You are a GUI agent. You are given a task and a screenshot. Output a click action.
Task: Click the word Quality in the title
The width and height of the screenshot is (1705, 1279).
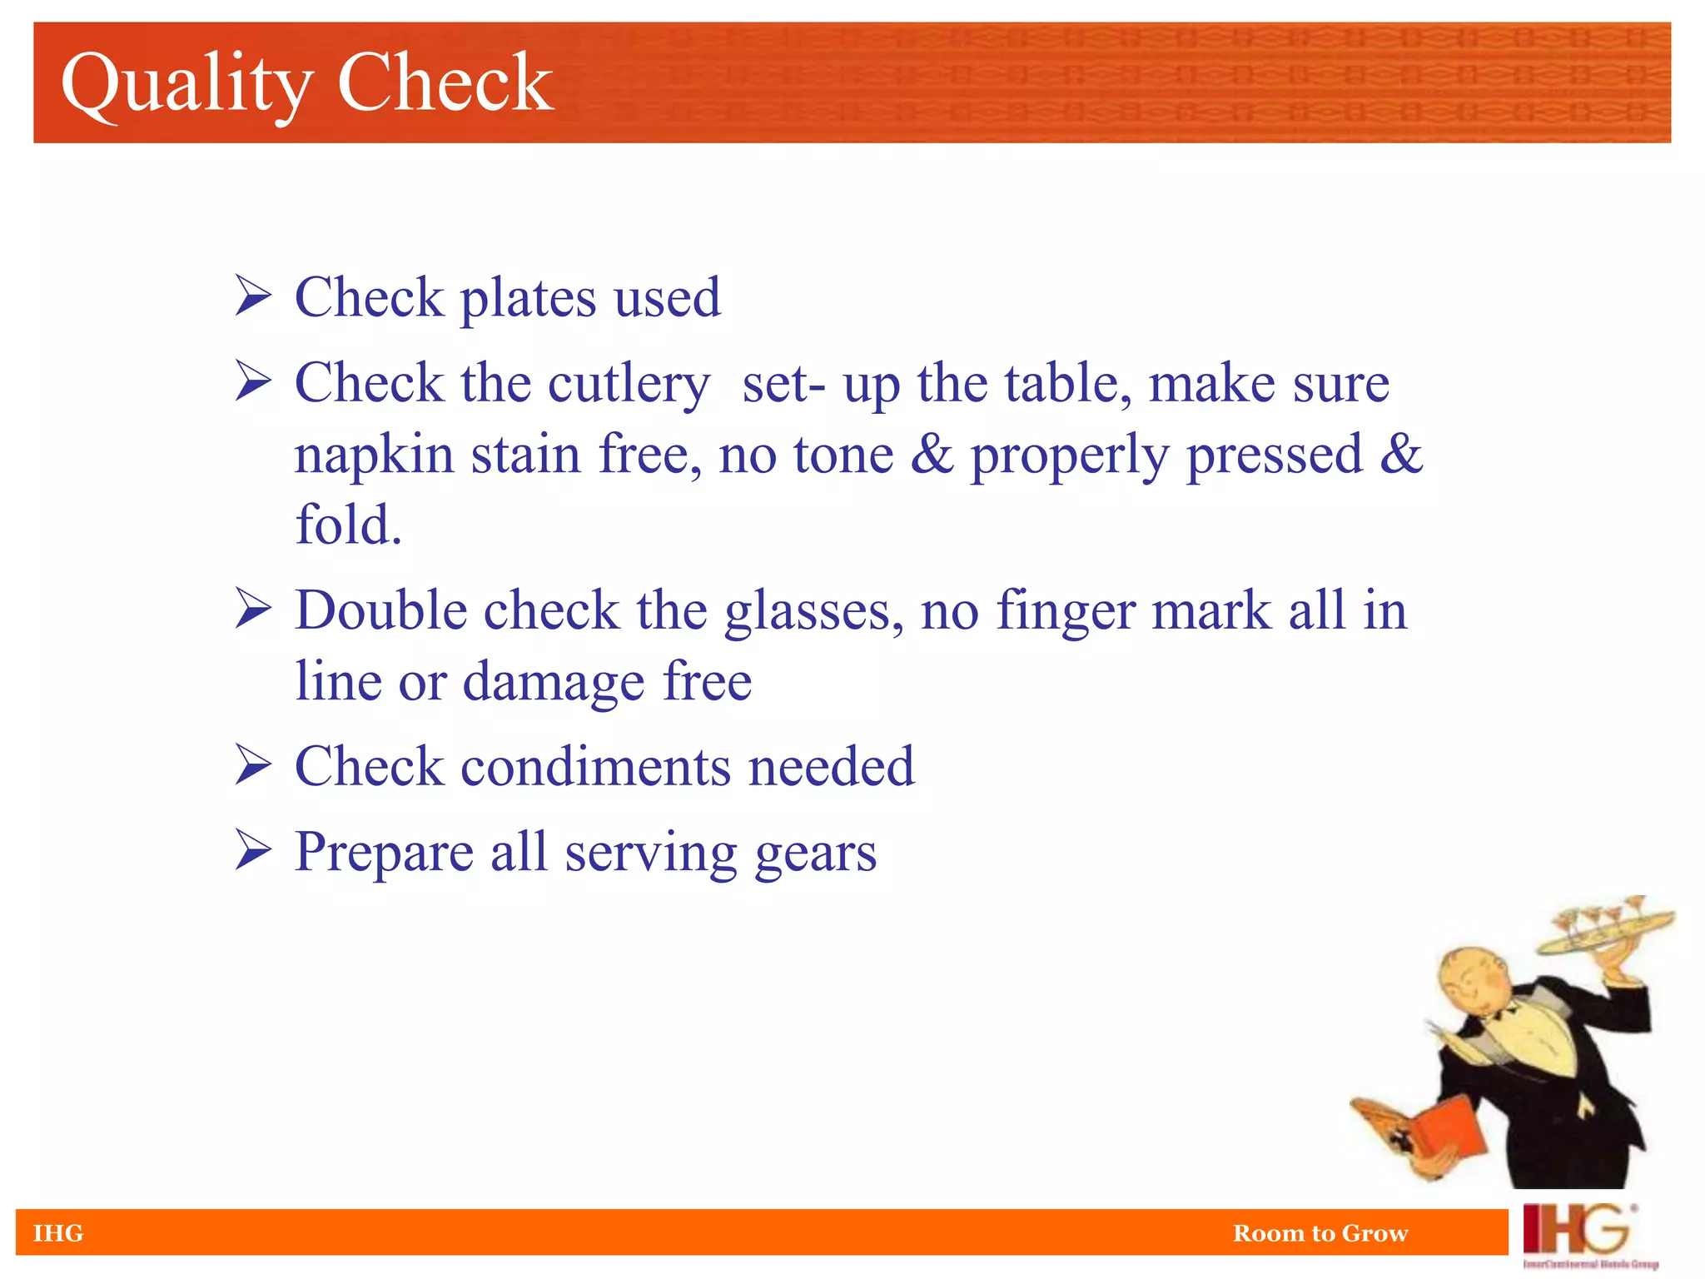pyautogui.click(x=186, y=83)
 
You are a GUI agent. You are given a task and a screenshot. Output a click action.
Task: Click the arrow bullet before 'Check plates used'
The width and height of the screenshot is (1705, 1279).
pyautogui.click(x=253, y=296)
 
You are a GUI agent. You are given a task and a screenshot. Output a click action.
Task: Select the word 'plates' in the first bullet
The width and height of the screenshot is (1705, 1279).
pyautogui.click(x=529, y=298)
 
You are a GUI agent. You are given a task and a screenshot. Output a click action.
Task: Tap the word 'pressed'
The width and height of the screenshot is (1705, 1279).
pyautogui.click(x=1274, y=455)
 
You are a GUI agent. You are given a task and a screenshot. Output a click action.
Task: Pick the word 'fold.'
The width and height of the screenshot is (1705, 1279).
pyautogui.click(x=349, y=525)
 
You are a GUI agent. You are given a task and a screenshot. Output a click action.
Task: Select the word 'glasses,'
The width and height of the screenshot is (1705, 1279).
pyautogui.click(x=814, y=612)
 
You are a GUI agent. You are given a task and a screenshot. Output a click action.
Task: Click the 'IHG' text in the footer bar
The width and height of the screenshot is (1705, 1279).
pyautogui.click(x=58, y=1232)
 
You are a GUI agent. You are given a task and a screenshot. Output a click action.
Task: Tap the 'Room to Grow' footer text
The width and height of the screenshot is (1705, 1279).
pyautogui.click(x=1320, y=1232)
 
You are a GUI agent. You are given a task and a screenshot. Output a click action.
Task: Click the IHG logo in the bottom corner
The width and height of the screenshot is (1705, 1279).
pyautogui.click(x=1582, y=1234)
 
